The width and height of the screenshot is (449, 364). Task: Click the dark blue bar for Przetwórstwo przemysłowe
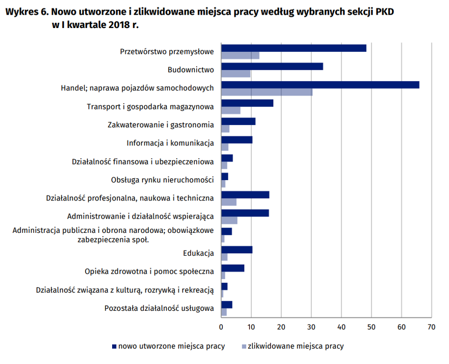[294, 48]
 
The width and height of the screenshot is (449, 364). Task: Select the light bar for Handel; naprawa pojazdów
[267, 92]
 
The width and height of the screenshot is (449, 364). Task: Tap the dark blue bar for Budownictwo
[272, 67]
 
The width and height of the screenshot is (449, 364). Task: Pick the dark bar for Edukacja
[237, 249]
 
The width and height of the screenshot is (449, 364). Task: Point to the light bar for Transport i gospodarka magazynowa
[230, 111]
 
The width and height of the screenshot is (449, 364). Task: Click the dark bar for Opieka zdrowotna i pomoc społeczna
[232, 268]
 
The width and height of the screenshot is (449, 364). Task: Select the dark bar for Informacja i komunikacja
[237, 140]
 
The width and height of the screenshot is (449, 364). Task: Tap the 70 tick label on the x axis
[431, 327]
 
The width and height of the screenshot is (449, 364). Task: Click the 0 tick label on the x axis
[221, 327]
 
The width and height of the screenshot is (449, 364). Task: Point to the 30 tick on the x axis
[311, 327]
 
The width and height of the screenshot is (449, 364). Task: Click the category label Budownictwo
[191, 70]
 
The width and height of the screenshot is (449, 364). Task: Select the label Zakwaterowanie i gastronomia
[161, 125]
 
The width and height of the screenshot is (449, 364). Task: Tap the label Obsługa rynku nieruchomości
[162, 180]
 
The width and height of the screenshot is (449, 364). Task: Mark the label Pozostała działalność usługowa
[159, 308]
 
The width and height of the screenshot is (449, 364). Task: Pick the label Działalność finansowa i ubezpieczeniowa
[143, 162]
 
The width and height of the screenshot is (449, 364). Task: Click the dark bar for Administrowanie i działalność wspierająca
[245, 213]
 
